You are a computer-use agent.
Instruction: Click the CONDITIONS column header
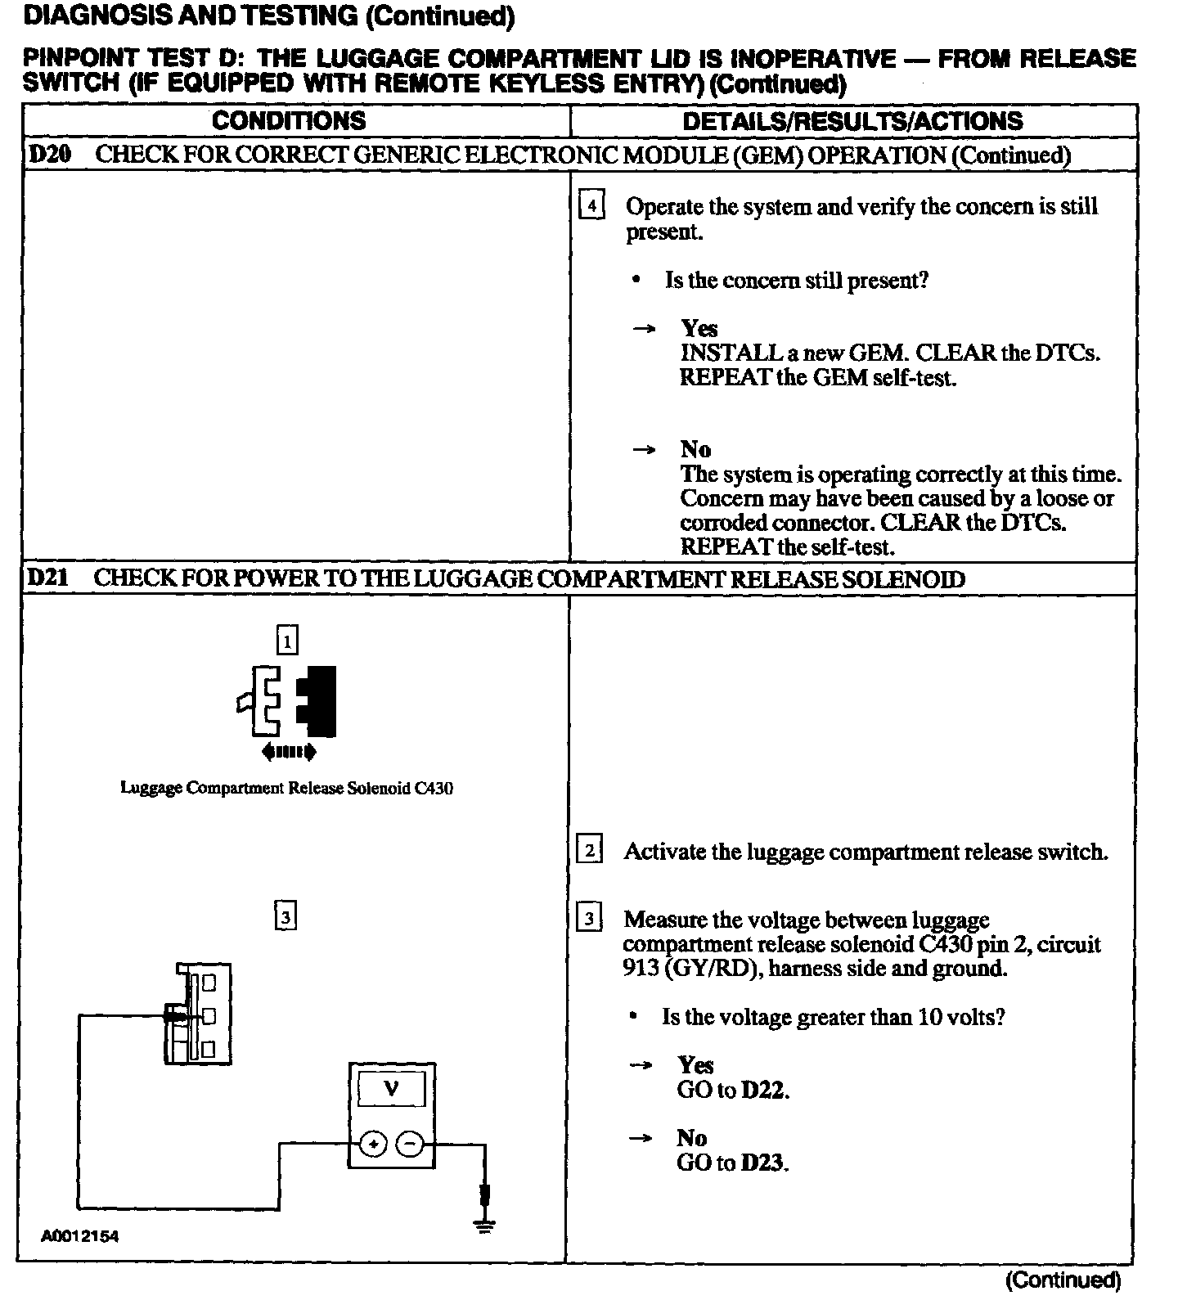coord(289,121)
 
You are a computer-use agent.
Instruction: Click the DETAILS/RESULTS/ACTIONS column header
coord(852,121)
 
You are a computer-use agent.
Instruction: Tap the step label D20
coord(49,155)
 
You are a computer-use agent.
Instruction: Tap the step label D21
coord(47,578)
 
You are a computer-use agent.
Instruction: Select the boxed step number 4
coord(591,205)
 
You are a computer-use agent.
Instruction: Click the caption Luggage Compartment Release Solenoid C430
coord(286,788)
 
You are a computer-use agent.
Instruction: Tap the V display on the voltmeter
coord(392,1090)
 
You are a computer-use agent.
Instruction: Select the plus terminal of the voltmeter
coord(372,1145)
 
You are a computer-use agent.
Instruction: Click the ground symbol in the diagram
coord(484,1225)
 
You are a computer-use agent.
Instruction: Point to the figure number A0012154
coord(80,1236)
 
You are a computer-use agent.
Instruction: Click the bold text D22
coord(764,1091)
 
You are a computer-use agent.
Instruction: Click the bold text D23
coord(763,1163)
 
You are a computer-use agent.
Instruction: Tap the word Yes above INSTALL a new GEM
coord(699,328)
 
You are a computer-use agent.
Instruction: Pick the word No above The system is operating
coord(695,449)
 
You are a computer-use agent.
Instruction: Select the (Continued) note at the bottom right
coord(1063,1280)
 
